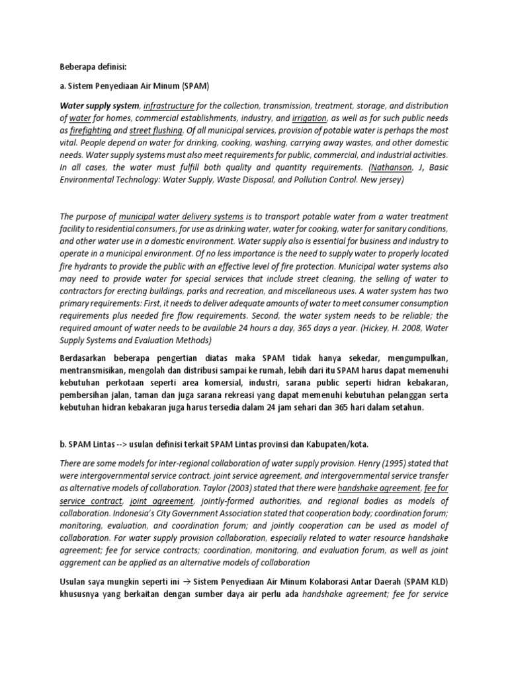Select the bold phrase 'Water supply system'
point(99,106)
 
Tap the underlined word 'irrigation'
point(310,118)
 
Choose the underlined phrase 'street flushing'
point(155,130)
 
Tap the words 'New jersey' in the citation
point(376,179)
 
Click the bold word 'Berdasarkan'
point(87,358)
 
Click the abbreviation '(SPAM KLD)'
point(423,582)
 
